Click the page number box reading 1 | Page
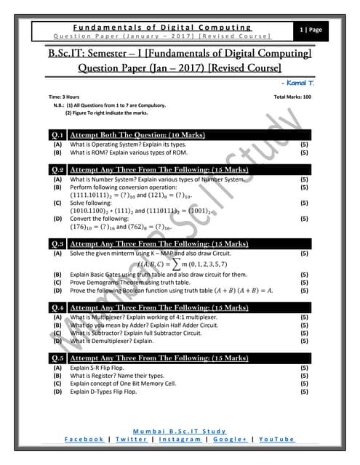[316, 30]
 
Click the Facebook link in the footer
[84, 440]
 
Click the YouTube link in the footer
[276, 440]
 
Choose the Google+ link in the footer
[230, 440]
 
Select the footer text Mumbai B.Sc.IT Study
[180, 432]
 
